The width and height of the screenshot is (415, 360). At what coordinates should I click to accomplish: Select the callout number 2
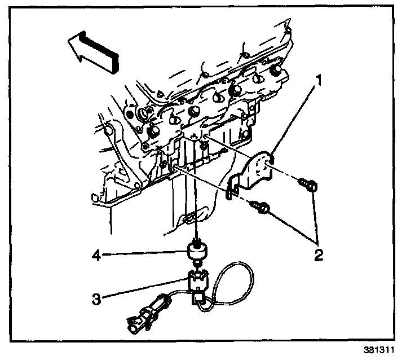319,255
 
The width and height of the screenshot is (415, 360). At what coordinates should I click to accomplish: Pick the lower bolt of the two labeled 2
263,208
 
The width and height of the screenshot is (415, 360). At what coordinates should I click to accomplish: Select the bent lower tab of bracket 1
229,190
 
